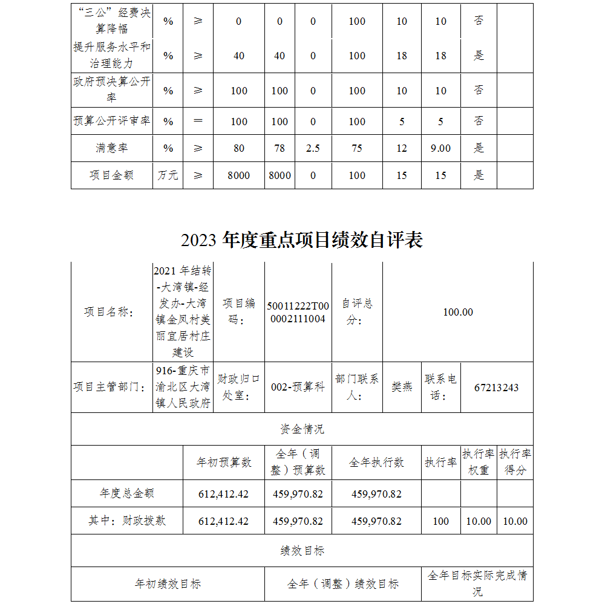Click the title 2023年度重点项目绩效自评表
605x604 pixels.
coord(301,240)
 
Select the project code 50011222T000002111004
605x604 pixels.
coord(298,312)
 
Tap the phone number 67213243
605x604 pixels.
coord(497,388)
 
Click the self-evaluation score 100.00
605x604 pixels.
coord(458,312)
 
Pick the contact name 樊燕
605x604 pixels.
coord(402,388)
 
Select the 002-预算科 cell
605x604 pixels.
coord(298,388)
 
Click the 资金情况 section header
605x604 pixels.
coord(302,429)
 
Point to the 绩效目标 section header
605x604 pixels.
coord(302,551)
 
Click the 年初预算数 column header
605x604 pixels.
coord(223,463)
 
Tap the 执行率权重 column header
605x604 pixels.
coord(479,462)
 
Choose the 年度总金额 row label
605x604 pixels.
coord(127,493)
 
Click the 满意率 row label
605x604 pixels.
coord(111,148)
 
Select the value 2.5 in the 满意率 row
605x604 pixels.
coord(313,148)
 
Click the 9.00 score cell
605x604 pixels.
coord(440,148)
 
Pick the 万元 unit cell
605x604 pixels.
coord(168,175)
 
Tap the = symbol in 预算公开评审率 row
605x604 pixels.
coord(198,121)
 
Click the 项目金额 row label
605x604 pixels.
coord(111,175)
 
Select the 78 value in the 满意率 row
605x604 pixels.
coord(280,148)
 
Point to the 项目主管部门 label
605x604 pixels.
coord(111,388)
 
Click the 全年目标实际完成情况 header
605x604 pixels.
coord(477,583)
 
